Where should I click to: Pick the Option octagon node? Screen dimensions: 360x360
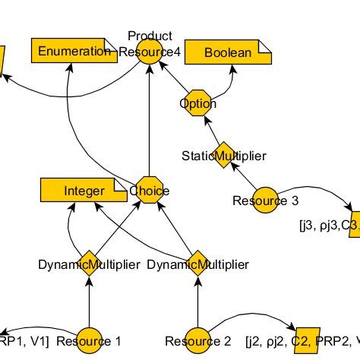pyautogui.click(x=198, y=103)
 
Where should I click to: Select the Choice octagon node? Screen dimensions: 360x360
pyautogui.click(x=150, y=191)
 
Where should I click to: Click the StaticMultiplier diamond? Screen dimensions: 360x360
pyautogui.click(x=223, y=156)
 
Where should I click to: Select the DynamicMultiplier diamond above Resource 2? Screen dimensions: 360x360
pyautogui.click(x=197, y=264)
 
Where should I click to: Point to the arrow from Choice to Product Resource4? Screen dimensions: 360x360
pyautogui.click(x=150, y=122)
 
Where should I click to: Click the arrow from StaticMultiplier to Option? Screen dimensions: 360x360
pyautogui.click(x=210, y=129)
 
